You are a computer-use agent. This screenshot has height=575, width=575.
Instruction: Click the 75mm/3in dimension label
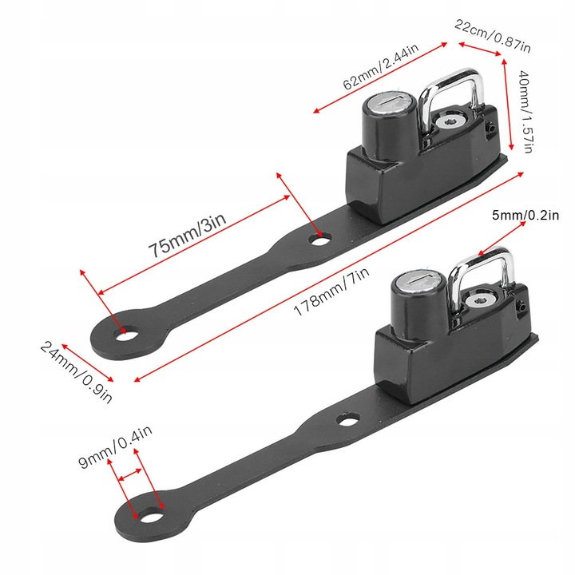(x=188, y=235)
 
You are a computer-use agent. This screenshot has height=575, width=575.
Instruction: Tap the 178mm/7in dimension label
(x=331, y=291)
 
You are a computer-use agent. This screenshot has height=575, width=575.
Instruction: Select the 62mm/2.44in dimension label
(x=381, y=66)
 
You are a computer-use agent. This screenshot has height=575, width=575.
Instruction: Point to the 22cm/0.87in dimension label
(x=493, y=36)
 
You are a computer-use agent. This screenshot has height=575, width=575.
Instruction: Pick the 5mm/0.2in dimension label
(x=525, y=215)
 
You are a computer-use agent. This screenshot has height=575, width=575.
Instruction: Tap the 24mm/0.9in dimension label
(x=76, y=372)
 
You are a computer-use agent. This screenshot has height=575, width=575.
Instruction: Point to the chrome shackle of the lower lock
(x=481, y=279)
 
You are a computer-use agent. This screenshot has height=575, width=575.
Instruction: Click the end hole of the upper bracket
(x=125, y=333)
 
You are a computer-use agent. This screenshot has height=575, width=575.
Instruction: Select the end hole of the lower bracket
(x=151, y=514)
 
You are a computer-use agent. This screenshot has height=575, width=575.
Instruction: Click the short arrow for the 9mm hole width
(x=130, y=474)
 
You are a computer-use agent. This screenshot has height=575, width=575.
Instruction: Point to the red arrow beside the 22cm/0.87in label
(x=480, y=50)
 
